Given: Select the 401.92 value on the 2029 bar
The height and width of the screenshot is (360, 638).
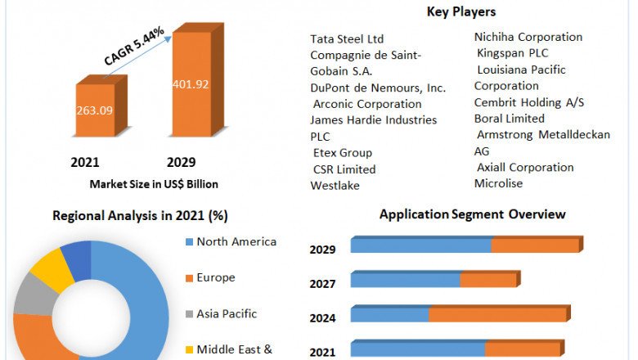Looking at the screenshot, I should coord(193,83).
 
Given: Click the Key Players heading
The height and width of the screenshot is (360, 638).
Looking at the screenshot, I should coord(461,11).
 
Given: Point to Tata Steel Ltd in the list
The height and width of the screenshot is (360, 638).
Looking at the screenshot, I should coord(347,38).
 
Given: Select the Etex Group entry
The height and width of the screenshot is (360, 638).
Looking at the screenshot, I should coord(342,153).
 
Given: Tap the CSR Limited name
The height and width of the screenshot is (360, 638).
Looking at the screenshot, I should coord(344,169).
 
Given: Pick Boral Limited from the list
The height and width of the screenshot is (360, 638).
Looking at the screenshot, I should coord(509,118).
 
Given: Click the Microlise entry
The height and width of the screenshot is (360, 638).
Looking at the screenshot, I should coord(498,183).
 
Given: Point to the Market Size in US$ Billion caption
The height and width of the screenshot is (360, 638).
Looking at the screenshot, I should coord(154,184).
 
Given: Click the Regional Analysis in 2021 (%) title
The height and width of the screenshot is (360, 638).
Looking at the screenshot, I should coord(140,216).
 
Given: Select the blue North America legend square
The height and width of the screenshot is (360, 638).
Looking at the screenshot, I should coord(189,242).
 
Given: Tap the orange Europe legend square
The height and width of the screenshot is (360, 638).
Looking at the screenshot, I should coord(189,278).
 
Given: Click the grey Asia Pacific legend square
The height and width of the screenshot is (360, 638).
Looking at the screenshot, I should coord(189,314).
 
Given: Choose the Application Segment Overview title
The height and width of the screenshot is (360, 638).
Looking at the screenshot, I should coord(472,214).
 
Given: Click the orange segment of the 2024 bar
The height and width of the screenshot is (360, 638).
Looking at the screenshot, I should coord(497,315).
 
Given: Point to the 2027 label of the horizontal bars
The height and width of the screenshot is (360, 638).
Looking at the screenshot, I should coord(322,285).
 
